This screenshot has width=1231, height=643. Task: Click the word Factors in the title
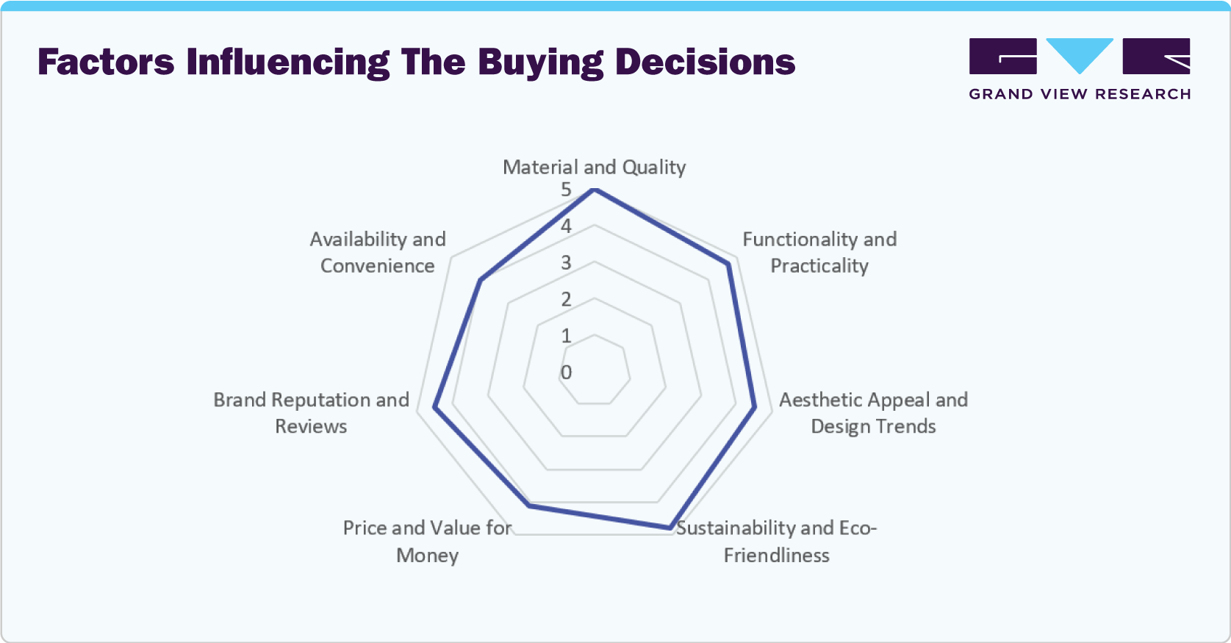click(106, 62)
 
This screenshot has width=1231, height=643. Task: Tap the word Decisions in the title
click(705, 62)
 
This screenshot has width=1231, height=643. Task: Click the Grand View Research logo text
click(1079, 94)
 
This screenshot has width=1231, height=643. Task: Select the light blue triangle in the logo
click(1079, 53)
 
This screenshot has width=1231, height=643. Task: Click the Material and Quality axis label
click(594, 167)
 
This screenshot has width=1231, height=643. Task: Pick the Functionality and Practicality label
click(819, 252)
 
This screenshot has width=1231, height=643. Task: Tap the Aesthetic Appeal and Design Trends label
click(873, 412)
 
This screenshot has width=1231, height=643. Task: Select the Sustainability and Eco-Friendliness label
click(776, 541)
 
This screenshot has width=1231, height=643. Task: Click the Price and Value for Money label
click(427, 541)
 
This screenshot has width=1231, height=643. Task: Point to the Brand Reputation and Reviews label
click(311, 412)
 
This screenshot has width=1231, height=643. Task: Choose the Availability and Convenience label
click(378, 252)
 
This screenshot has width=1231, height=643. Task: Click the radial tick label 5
click(566, 190)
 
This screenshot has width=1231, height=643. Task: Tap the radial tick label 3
click(566, 262)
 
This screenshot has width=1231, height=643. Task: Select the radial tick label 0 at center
click(566, 373)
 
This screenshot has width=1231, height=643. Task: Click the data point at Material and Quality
click(595, 190)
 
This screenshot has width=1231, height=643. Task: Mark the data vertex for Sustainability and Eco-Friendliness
click(670, 527)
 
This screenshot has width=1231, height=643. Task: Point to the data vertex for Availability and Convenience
click(480, 280)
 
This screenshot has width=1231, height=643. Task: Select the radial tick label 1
click(566, 336)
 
